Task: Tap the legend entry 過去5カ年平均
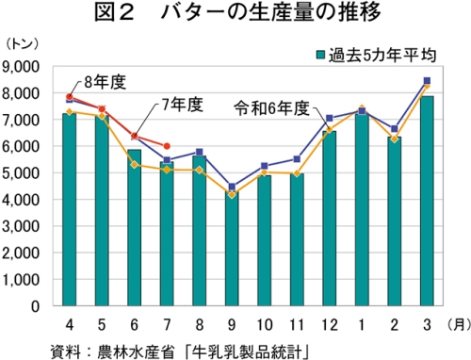(376, 56)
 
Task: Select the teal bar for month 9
(232, 248)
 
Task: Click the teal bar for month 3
(427, 201)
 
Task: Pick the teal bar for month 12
(329, 219)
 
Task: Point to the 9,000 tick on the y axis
(21, 67)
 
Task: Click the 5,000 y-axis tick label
(21, 173)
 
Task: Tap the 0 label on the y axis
(35, 306)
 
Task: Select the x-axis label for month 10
(265, 324)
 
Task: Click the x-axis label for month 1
(362, 324)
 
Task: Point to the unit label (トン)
(22, 44)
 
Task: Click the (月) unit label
(459, 324)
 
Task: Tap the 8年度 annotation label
(105, 82)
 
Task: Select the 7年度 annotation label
(182, 105)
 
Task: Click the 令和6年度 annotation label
(272, 108)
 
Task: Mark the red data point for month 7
(167, 146)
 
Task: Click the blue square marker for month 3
(427, 81)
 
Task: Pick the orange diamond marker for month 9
(232, 195)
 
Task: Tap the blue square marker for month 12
(330, 118)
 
